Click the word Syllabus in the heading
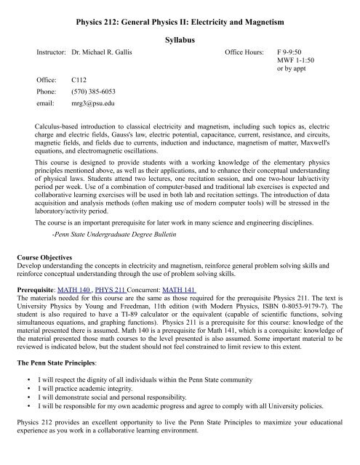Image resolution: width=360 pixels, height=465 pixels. coord(179,36)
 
